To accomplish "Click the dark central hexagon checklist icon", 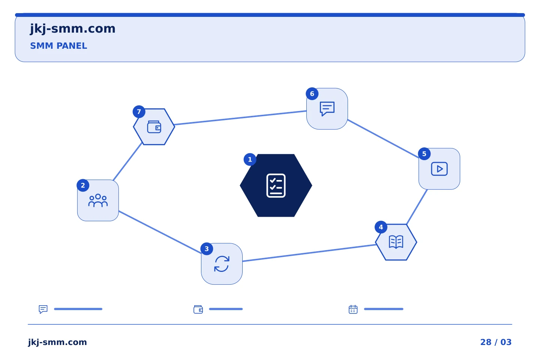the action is coord(276,185).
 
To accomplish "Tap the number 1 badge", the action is coord(250,159).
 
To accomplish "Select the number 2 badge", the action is coord(83,185).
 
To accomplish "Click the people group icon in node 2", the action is coord(98,200).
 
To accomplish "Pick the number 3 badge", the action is coord(207,249).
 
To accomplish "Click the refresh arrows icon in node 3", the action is coord(222,264).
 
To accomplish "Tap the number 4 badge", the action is coord(381,227).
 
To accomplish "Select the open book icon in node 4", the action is coord(396,242).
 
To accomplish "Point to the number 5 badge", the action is coord(424,154).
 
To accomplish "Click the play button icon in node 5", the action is coord(439,169).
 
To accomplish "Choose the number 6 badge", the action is coord(312,94).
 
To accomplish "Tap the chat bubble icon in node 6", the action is coord(327,109).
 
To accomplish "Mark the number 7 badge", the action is coord(139,112).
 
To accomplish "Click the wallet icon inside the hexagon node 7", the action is coord(154,127).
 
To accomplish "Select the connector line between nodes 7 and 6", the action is coord(240,118).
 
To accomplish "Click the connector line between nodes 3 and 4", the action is coord(309,253).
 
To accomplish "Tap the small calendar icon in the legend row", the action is coord(353,309).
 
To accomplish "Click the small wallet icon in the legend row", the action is coord(198,309).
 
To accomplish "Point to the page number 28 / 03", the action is coord(496,342).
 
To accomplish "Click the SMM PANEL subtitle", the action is coord(58,46).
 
